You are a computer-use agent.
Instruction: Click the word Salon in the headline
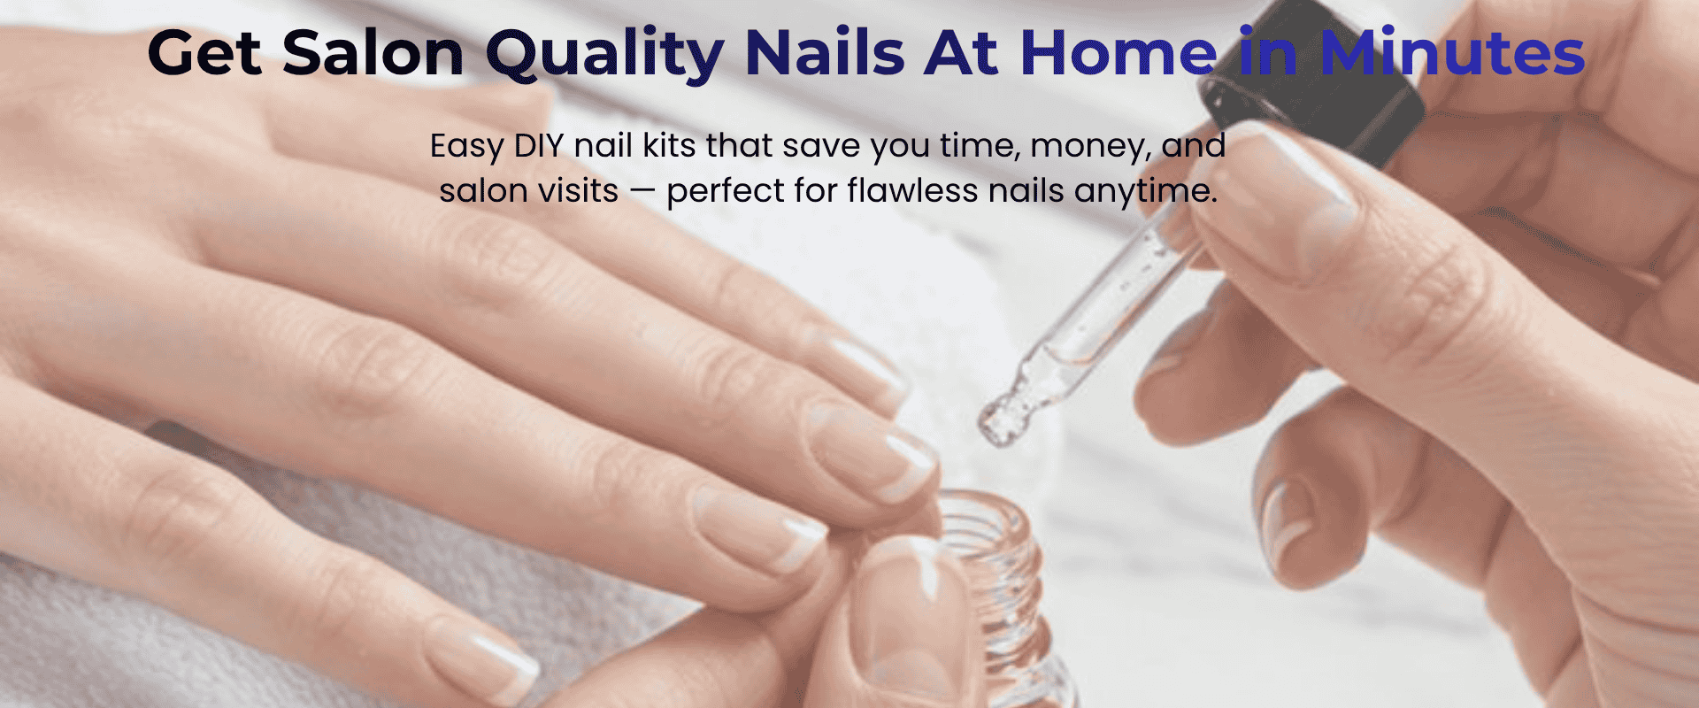point(373,53)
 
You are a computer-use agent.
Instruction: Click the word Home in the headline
point(1119,53)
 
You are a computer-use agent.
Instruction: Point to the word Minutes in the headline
point(1452,53)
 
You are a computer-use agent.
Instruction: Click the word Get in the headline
point(204,53)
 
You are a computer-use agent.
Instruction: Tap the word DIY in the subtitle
point(539,146)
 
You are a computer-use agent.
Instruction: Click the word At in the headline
point(962,53)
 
